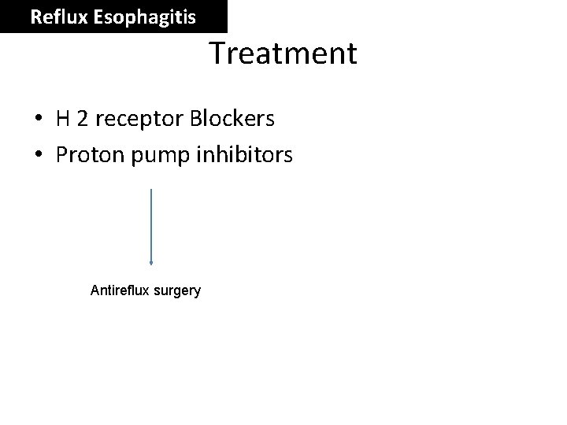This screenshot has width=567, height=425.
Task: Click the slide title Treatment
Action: click(x=283, y=54)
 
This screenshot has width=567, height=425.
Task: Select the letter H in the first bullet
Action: click(x=64, y=119)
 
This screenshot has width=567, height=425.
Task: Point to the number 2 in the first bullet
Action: click(x=84, y=119)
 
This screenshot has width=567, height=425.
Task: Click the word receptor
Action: click(x=139, y=120)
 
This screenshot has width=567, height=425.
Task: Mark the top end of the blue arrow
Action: click(x=151, y=190)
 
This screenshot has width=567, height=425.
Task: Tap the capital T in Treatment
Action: click(x=217, y=54)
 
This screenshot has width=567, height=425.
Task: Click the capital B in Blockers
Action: click(x=195, y=119)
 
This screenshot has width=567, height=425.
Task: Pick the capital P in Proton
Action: click(x=62, y=155)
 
